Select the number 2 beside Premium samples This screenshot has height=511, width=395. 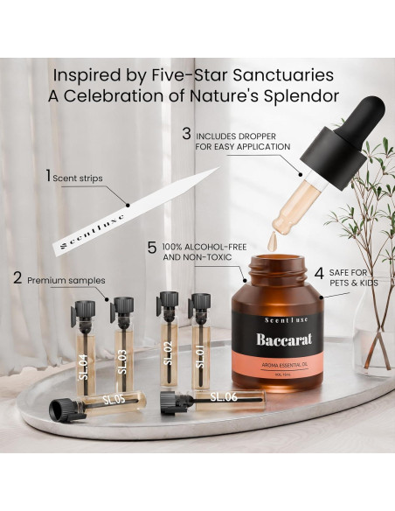click(x=17, y=280)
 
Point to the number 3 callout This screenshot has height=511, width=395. click(x=186, y=135)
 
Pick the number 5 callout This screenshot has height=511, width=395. click(x=152, y=248)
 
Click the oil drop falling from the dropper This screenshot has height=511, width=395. click(x=273, y=236)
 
